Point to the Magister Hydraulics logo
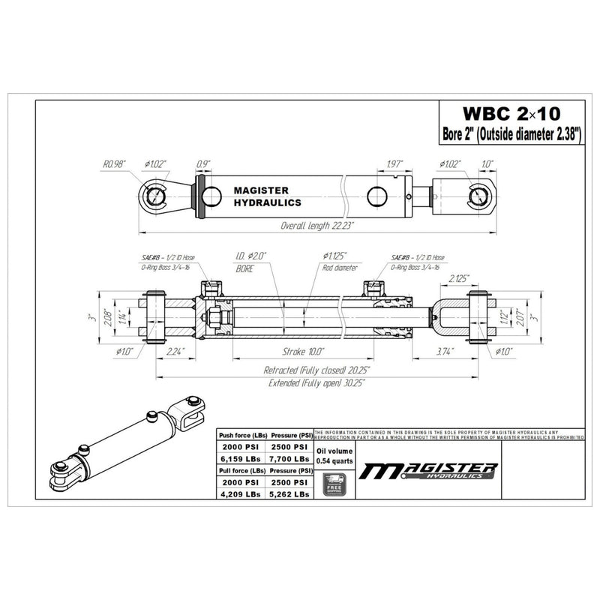[428, 471]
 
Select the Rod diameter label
[340, 267]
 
